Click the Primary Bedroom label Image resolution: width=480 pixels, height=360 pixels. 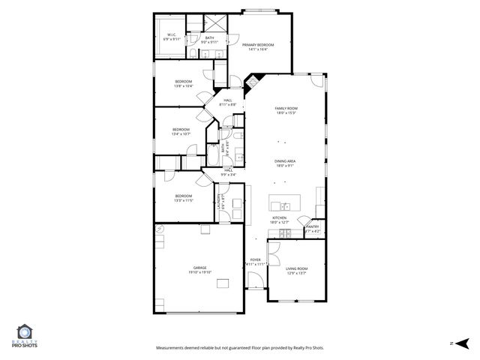257,45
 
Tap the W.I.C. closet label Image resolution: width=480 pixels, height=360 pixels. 171,34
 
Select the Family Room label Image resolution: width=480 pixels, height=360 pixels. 286,109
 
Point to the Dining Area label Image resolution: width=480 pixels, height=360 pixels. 285,161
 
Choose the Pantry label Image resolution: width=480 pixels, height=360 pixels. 313,226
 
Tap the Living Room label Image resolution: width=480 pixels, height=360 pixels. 296,268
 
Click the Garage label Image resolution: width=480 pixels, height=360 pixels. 199,268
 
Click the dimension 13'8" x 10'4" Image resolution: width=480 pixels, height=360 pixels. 184,86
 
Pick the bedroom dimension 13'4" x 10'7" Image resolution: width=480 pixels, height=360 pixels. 181,134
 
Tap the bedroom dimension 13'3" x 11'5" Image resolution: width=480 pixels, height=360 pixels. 184,200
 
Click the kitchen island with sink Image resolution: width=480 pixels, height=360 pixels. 285,202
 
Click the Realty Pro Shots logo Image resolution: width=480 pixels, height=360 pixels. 25,337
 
